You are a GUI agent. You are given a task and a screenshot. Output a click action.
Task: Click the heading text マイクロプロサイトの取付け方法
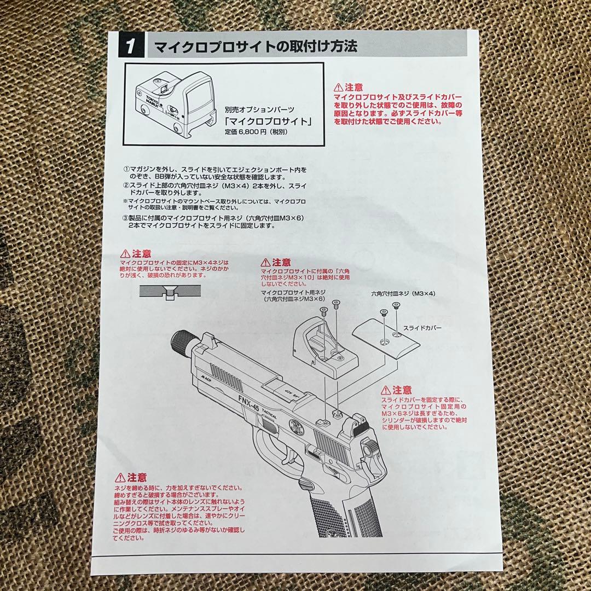coord(256,46)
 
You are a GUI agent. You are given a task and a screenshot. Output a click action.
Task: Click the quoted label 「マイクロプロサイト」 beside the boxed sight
coord(268,121)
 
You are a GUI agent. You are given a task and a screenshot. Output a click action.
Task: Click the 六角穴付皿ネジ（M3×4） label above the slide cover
coord(402,294)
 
